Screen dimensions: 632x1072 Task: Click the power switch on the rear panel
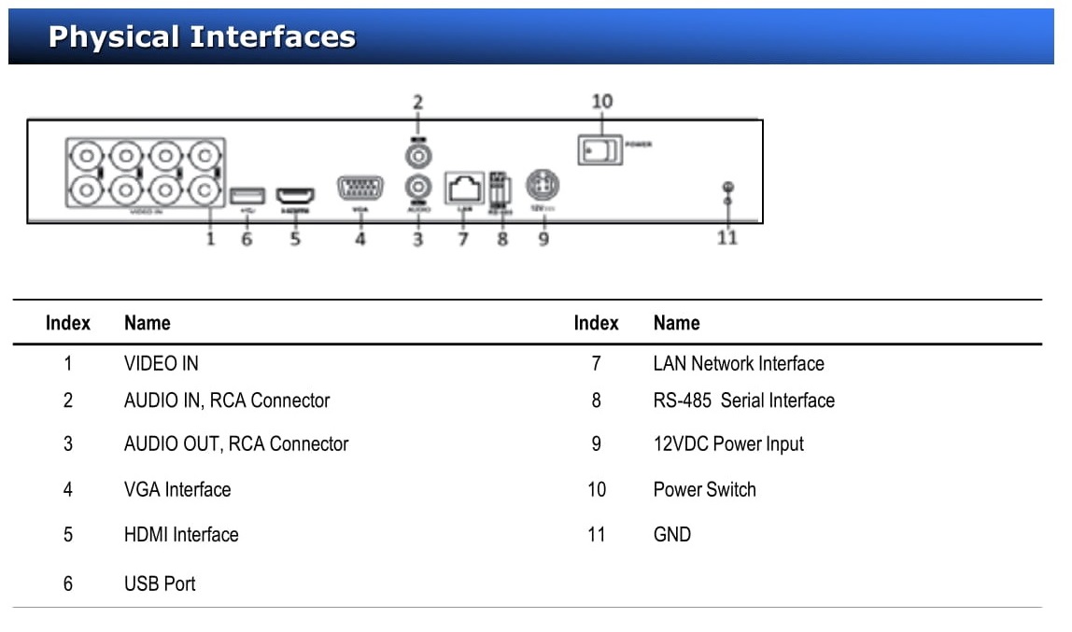(599, 149)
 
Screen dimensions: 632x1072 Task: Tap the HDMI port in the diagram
(295, 196)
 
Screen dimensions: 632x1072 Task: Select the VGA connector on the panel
(360, 190)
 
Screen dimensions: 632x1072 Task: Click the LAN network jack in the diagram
(464, 189)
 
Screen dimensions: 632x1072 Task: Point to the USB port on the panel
(247, 195)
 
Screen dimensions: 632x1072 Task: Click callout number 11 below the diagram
(726, 237)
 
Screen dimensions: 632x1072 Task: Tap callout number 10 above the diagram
(602, 101)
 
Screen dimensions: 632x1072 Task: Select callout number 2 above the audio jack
(417, 102)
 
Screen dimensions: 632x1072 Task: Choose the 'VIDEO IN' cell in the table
(161, 363)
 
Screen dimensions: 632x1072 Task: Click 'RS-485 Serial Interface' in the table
(743, 400)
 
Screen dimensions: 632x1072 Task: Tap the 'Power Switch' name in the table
(704, 489)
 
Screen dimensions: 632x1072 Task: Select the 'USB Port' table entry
(160, 583)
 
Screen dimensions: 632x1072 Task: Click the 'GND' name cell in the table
(671, 535)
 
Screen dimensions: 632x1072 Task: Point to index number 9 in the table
(596, 444)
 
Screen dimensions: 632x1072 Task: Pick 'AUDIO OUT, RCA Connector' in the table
(235, 444)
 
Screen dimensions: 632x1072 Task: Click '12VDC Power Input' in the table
(727, 444)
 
